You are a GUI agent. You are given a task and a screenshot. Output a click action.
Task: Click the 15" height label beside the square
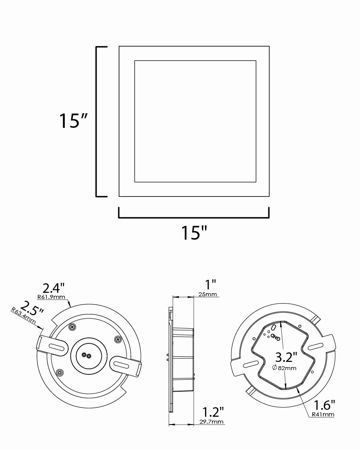73,120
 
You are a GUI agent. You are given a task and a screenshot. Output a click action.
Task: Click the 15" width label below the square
194,232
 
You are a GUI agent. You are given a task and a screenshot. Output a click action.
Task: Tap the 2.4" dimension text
54,288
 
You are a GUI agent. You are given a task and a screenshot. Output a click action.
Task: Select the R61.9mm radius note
51,297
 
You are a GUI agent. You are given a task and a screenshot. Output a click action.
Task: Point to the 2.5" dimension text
32,308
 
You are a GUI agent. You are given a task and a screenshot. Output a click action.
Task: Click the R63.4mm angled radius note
23,316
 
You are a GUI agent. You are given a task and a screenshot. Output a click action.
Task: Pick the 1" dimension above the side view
210,285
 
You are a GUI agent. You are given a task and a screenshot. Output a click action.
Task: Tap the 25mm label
207,294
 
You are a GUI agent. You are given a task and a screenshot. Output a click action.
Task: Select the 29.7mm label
212,421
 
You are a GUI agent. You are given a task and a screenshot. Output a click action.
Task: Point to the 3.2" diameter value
286,357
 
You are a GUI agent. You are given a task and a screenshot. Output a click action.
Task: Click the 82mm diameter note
284,368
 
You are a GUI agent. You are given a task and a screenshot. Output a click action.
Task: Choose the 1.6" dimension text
324,405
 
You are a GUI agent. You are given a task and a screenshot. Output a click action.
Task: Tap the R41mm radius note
323,414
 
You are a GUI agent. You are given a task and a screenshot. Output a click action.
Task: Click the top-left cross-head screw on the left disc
72,326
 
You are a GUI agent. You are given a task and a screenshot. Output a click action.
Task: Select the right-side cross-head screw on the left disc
117,339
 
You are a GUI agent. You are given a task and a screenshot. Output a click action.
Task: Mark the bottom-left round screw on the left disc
60,373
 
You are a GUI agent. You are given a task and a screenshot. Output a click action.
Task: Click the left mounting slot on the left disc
57,346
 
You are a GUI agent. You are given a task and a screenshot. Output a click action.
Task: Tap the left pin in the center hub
84,355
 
